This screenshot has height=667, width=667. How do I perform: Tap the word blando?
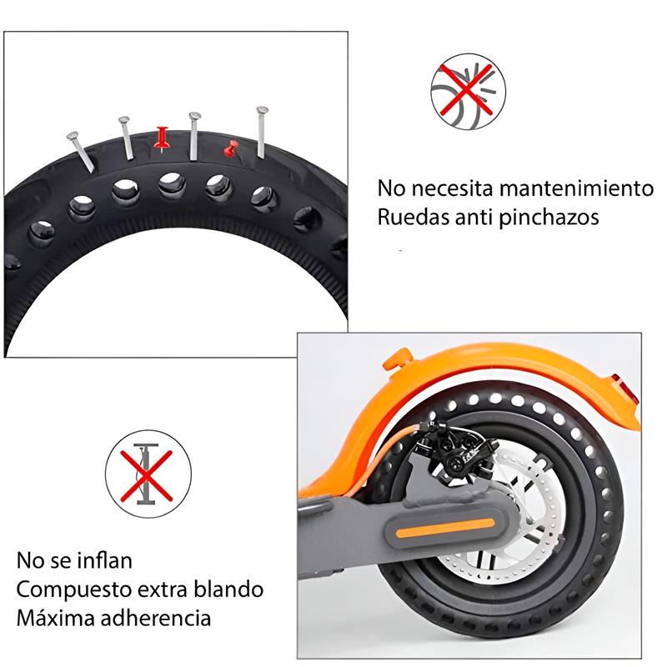(229, 589)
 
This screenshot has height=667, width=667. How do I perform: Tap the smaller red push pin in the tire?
(230, 148)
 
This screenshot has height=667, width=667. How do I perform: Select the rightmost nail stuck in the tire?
(262, 132)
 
